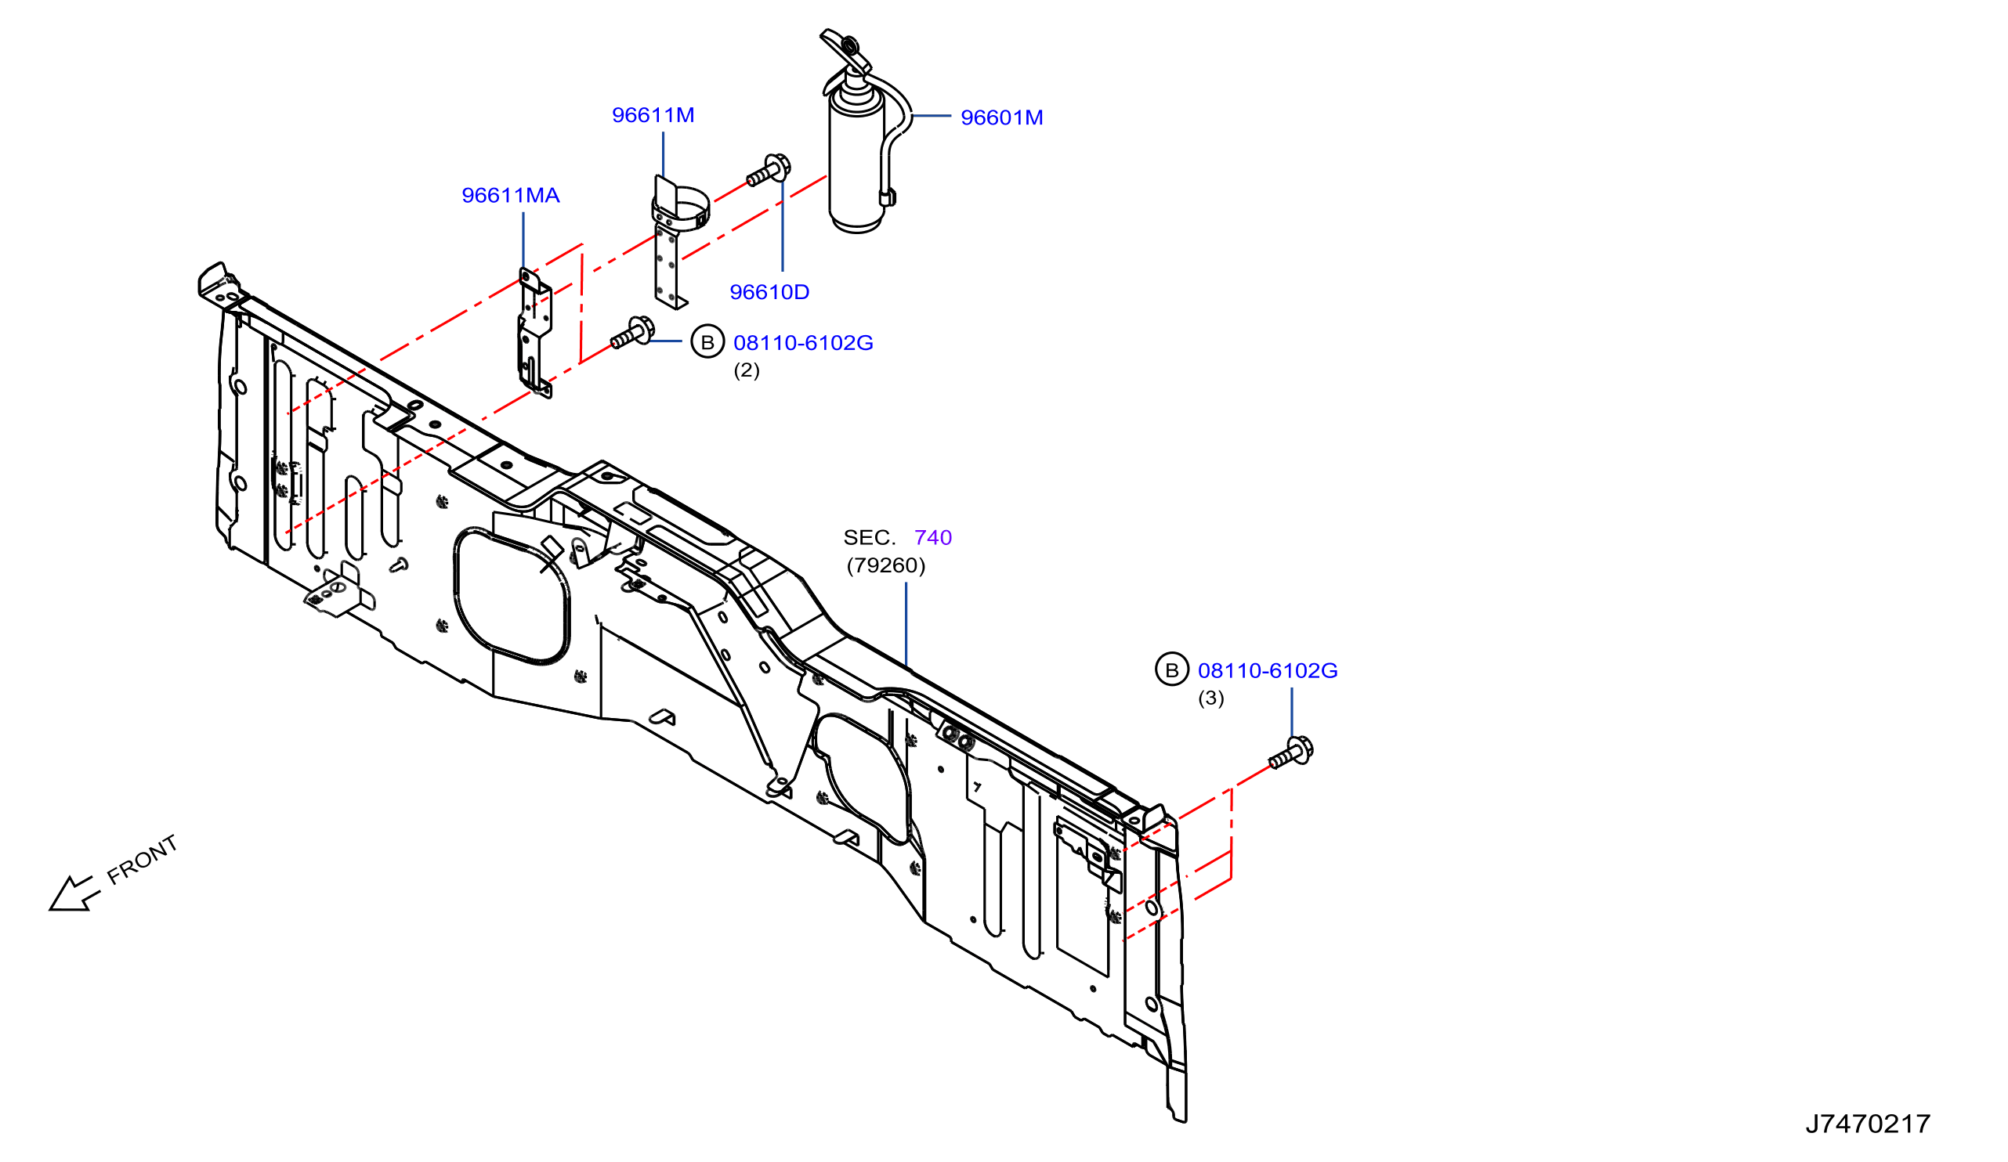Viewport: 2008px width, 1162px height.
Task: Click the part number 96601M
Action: [x=1001, y=118]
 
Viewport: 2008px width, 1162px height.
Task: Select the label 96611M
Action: [x=653, y=115]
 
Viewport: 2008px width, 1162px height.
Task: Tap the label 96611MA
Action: [x=511, y=196]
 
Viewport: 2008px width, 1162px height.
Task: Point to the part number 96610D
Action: [x=769, y=292]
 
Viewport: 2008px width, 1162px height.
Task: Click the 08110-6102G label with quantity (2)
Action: [x=803, y=343]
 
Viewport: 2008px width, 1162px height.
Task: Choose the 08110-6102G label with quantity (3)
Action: [x=1268, y=671]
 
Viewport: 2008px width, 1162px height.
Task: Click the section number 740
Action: [x=933, y=538]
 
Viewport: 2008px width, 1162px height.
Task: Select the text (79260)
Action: [x=886, y=565]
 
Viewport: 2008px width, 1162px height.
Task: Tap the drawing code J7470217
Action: [x=1868, y=1124]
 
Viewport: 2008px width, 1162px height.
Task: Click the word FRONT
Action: [x=143, y=861]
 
